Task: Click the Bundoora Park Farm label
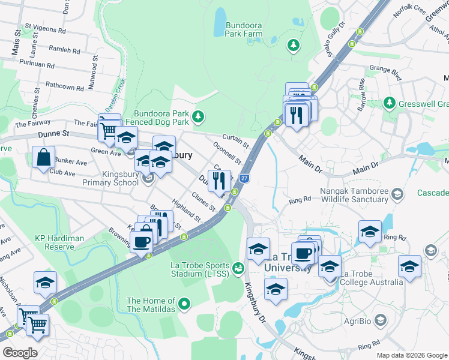(244, 29)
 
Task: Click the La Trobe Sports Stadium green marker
(238, 266)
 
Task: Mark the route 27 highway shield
(244, 178)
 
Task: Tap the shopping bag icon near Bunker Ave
(44, 158)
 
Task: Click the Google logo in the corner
(19, 353)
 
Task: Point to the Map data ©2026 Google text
(412, 355)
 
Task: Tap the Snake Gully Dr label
(336, 40)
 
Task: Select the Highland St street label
(186, 211)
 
